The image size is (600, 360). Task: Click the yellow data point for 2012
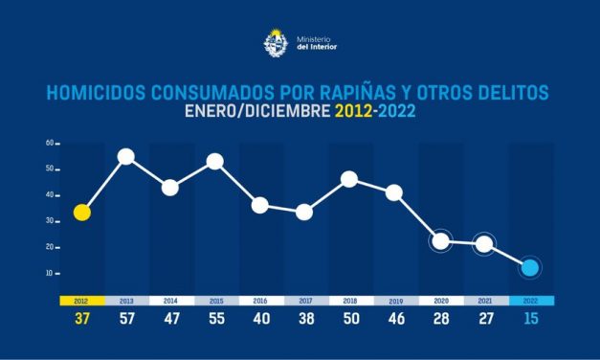pyautogui.click(x=82, y=213)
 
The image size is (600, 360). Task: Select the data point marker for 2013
pyautogui.click(x=126, y=157)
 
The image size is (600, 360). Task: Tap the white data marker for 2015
pyautogui.click(x=215, y=161)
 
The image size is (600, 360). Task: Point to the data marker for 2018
pyautogui.click(x=349, y=179)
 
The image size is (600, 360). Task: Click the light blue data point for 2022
pyautogui.click(x=529, y=267)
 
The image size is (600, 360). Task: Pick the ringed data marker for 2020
pyautogui.click(x=440, y=240)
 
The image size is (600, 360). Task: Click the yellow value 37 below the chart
pyautogui.click(x=82, y=318)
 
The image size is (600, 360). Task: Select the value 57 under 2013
pyautogui.click(x=126, y=318)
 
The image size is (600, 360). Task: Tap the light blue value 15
pyautogui.click(x=529, y=318)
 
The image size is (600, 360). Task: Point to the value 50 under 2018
pyautogui.click(x=350, y=318)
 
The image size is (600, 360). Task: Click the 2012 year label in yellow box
pyautogui.click(x=82, y=300)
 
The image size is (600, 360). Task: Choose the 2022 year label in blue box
pyautogui.click(x=529, y=300)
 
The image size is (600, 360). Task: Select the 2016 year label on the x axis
pyautogui.click(x=260, y=300)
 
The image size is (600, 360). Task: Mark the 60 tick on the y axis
pyautogui.click(x=49, y=144)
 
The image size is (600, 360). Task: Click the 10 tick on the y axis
pyautogui.click(x=49, y=273)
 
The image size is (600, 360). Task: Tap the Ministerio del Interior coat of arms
pyautogui.click(x=273, y=41)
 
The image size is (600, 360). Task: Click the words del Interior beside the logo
pyautogui.click(x=318, y=46)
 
